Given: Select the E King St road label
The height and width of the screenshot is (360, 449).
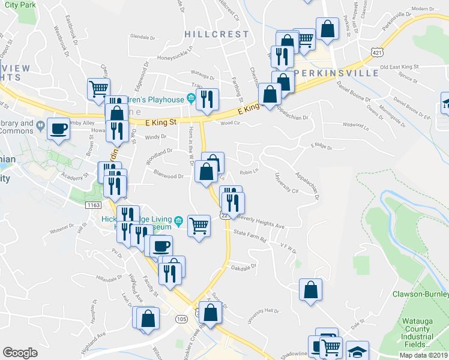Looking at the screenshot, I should [162, 122].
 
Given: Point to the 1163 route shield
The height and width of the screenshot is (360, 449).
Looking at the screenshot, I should [92, 205].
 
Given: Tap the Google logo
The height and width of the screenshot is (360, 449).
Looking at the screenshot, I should [20, 353].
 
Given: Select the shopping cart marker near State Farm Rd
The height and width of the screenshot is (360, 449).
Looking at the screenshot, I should [199, 226].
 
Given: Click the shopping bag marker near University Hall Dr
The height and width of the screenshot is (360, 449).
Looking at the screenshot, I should [310, 290].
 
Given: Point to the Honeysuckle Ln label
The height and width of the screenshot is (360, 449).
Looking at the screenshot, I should [174, 56].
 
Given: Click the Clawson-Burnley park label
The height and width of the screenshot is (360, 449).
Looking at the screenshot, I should [420, 294].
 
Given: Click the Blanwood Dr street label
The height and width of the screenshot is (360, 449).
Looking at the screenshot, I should [169, 176].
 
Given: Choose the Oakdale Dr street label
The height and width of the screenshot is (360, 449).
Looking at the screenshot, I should [244, 268].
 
